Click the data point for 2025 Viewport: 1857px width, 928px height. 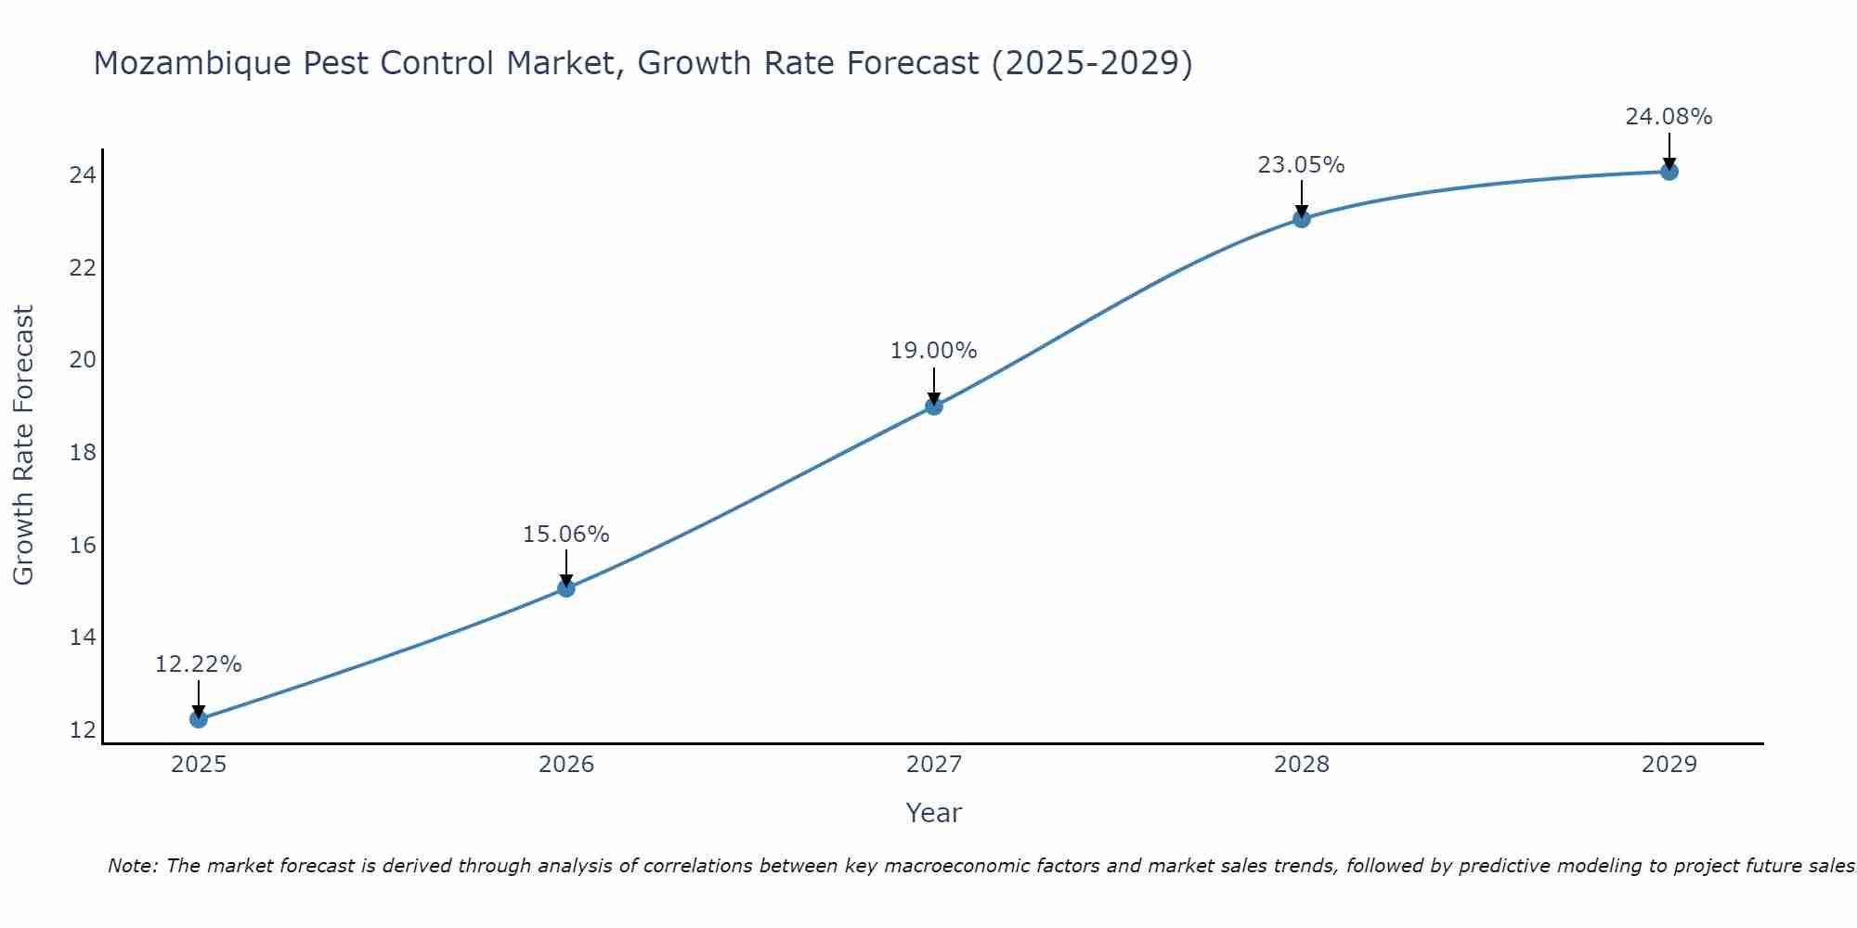[198, 718]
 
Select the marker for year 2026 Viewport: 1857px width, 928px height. [566, 587]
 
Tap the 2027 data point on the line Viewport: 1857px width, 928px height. [934, 406]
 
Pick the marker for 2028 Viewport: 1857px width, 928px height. [1302, 219]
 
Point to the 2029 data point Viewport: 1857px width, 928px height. [1669, 171]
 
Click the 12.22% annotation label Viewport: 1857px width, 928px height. [198, 664]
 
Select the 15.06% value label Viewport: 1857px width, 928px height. [566, 535]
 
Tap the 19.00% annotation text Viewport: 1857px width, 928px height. [934, 351]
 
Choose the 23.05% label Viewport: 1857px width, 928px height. [1302, 165]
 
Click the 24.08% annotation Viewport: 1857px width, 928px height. [1669, 117]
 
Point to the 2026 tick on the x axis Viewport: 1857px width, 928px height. [566, 765]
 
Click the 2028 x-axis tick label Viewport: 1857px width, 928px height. [1302, 765]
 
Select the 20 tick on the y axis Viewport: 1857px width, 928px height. [83, 360]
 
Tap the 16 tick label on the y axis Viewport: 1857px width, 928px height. [83, 545]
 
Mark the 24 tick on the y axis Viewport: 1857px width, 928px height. [83, 175]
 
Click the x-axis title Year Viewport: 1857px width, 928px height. [934, 813]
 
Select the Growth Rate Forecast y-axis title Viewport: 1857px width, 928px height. [24, 445]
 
